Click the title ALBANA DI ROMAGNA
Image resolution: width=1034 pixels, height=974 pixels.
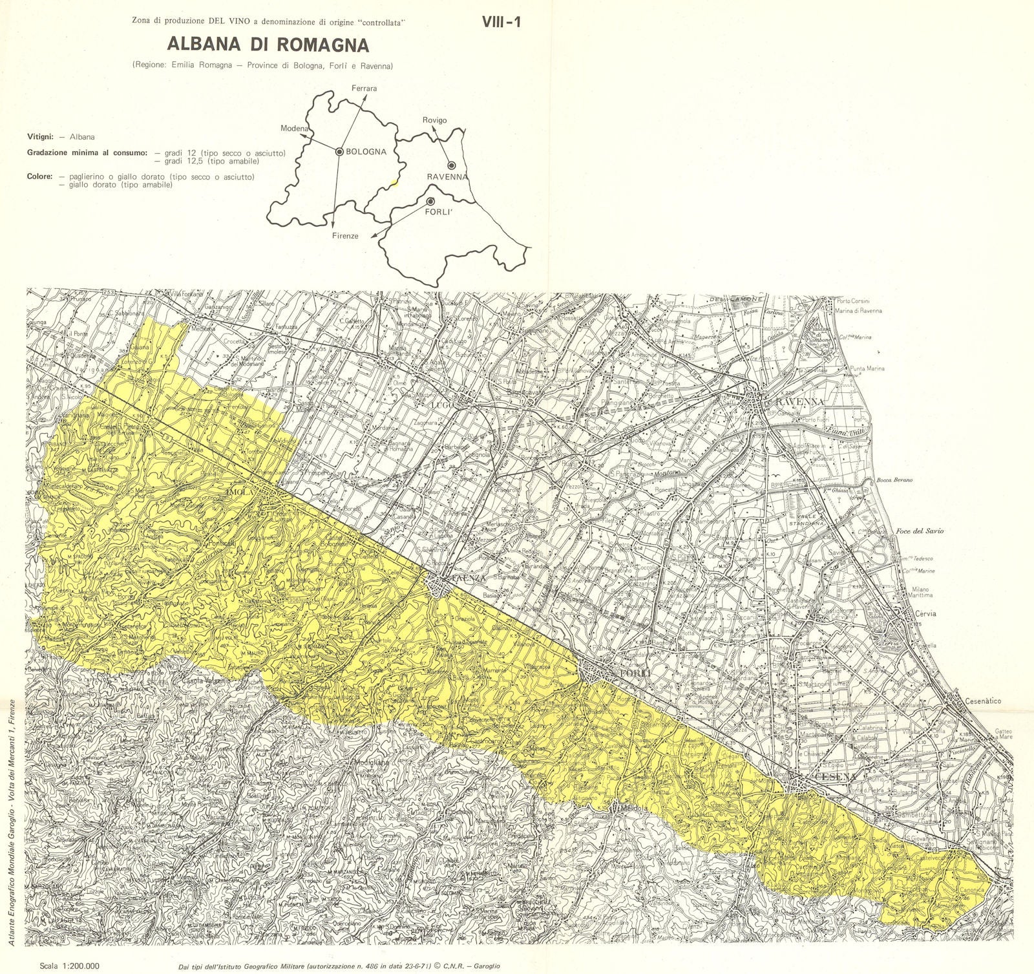[268, 44]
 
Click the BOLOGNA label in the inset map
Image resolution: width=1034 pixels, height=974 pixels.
[366, 152]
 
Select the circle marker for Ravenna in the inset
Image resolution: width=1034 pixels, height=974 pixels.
[452, 165]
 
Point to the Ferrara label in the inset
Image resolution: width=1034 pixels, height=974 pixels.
[364, 88]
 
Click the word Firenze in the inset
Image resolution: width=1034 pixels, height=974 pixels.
[346, 236]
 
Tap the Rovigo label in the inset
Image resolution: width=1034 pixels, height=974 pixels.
[434, 120]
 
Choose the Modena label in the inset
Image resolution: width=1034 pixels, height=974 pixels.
[294, 129]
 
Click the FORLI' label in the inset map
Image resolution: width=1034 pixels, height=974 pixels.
[438, 210]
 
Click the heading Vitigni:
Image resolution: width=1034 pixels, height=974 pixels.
[40, 137]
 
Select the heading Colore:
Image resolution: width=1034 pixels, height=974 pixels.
[39, 176]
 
